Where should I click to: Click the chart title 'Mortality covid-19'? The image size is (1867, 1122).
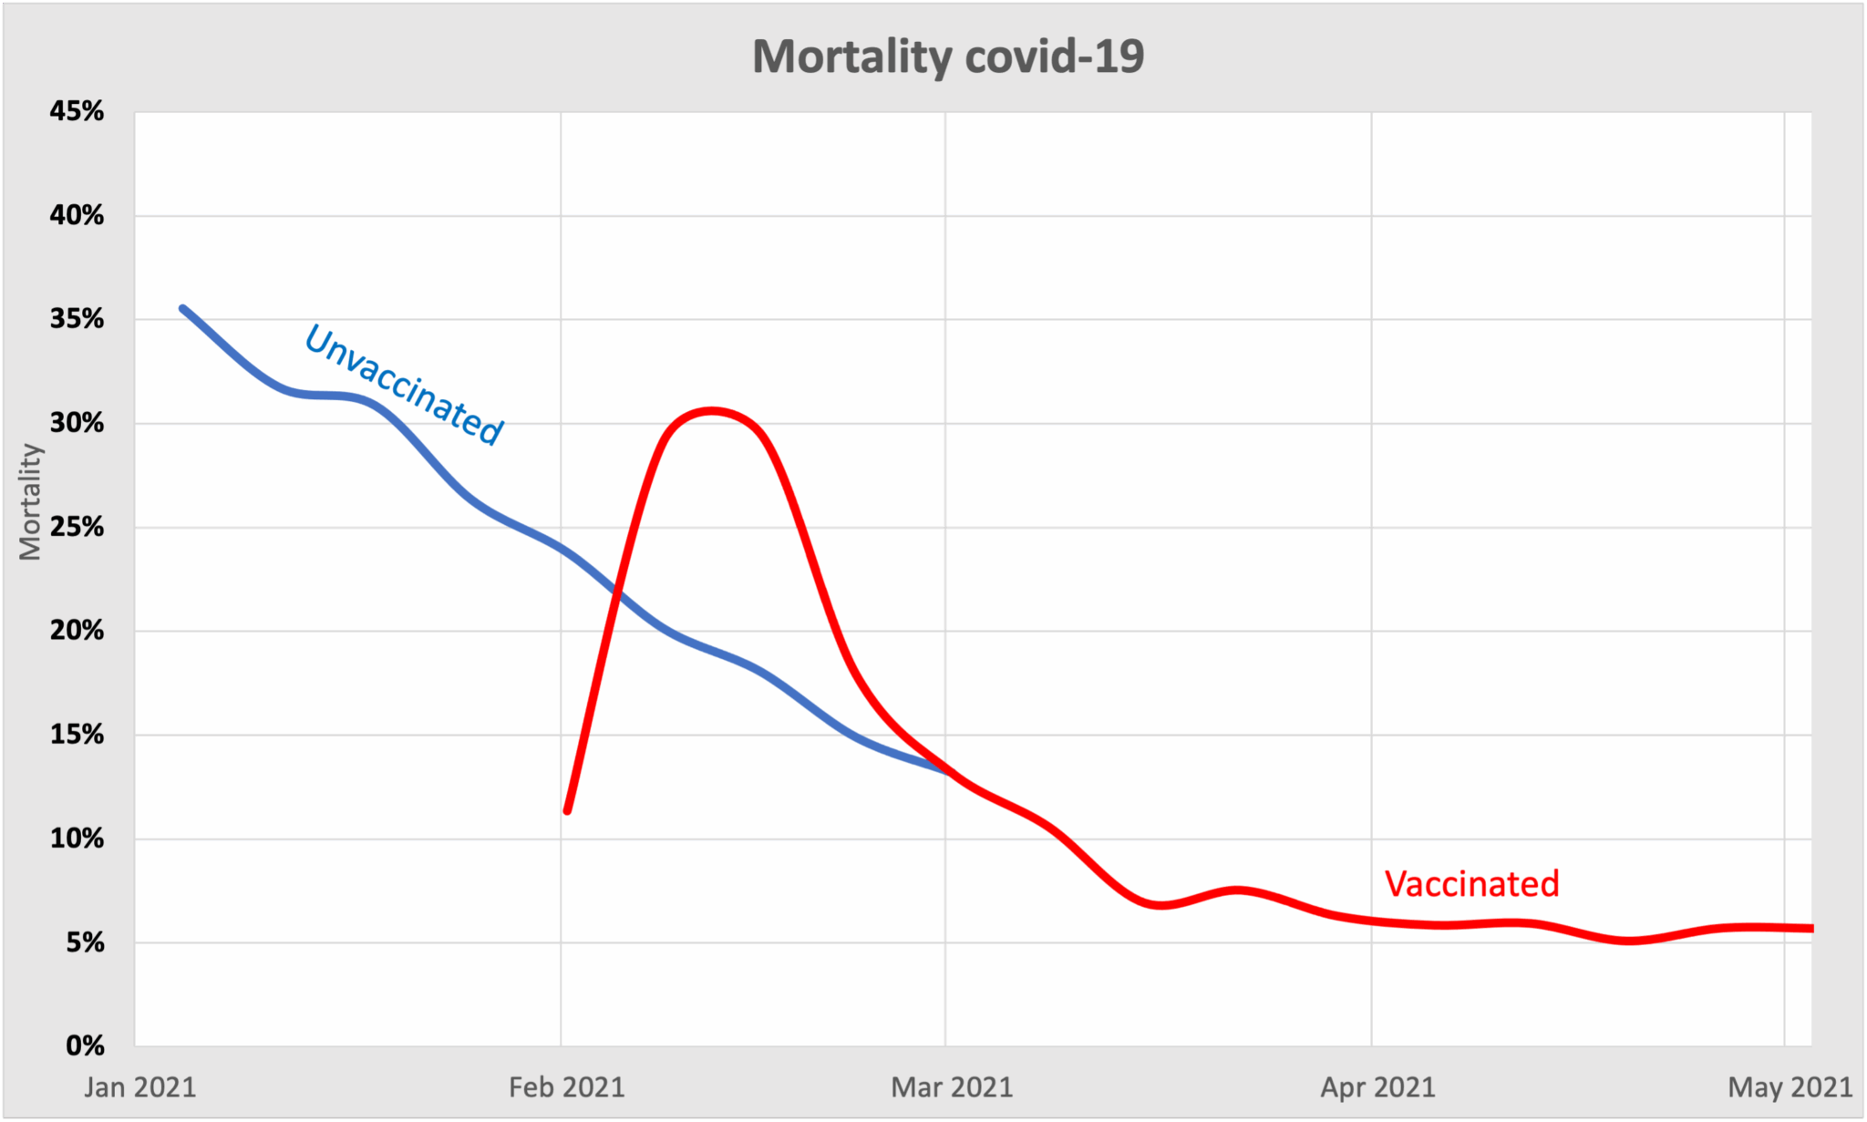pos(948,57)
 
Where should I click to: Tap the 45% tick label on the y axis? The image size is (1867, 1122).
pos(77,111)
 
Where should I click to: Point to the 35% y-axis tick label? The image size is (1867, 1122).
pos(77,319)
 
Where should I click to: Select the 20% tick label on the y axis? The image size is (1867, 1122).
pos(77,631)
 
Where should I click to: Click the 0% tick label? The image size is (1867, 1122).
pos(85,1045)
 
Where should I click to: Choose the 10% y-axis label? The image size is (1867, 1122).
pos(77,839)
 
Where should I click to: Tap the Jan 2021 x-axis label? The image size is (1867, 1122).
pos(139,1087)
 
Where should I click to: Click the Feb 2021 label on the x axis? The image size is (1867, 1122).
pos(566,1087)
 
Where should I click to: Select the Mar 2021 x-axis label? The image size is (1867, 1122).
pos(952,1087)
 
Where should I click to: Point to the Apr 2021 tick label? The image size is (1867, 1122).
pos(1377,1087)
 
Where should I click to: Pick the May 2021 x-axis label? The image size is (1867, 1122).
pos(1790,1087)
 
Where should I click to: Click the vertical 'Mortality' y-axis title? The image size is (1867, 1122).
pos(30,501)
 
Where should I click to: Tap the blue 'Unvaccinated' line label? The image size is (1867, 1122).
pos(404,385)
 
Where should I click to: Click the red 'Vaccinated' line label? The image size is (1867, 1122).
pos(1471,884)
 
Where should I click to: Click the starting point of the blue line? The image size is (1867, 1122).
pos(182,308)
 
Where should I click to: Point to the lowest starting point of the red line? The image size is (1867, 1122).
pos(567,810)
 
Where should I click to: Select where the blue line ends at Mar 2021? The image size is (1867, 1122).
pos(947,770)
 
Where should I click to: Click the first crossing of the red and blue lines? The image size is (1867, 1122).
pos(617,594)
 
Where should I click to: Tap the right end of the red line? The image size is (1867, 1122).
pos(1810,929)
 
